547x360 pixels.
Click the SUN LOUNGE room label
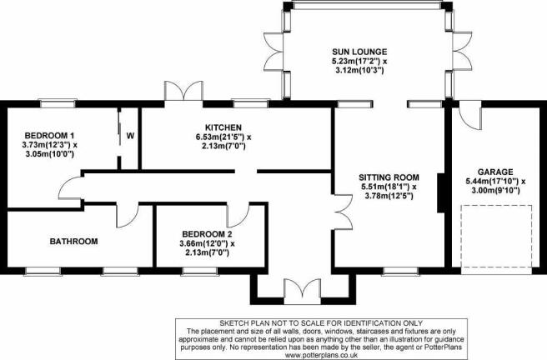[x=359, y=52]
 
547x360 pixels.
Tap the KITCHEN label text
[x=223, y=127]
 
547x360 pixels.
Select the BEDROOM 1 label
[x=49, y=135]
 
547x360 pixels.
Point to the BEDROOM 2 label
[x=207, y=234]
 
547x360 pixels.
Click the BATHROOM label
[x=73, y=241]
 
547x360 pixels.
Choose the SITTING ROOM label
[x=389, y=177]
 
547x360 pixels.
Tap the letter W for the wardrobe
[x=130, y=136]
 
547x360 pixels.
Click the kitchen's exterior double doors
[x=183, y=92]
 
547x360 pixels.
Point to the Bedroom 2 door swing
[x=238, y=215]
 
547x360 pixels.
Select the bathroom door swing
[x=128, y=216]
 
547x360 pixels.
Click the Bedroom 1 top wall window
[x=58, y=103]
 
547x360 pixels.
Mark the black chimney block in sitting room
[x=441, y=192]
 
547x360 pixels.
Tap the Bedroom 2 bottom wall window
[x=199, y=271]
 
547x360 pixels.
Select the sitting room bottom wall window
[x=400, y=271]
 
